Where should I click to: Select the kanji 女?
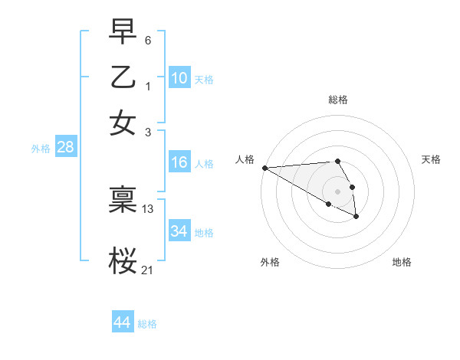click(123, 123)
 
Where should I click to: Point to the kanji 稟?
click(123, 199)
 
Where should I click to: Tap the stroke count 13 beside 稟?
click(148, 208)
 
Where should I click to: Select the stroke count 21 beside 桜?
click(148, 270)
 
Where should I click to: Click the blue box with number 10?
click(179, 78)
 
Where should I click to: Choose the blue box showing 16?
click(179, 162)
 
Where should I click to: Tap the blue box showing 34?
click(179, 231)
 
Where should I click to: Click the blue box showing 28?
click(65, 148)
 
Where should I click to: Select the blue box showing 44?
click(122, 322)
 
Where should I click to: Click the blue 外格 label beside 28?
click(41, 149)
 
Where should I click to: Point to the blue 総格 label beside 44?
click(147, 324)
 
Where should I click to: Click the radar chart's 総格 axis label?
click(337, 100)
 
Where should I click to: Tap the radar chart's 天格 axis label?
click(431, 159)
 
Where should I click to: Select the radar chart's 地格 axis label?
click(402, 262)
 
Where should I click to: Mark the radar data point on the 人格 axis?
click(264, 168)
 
